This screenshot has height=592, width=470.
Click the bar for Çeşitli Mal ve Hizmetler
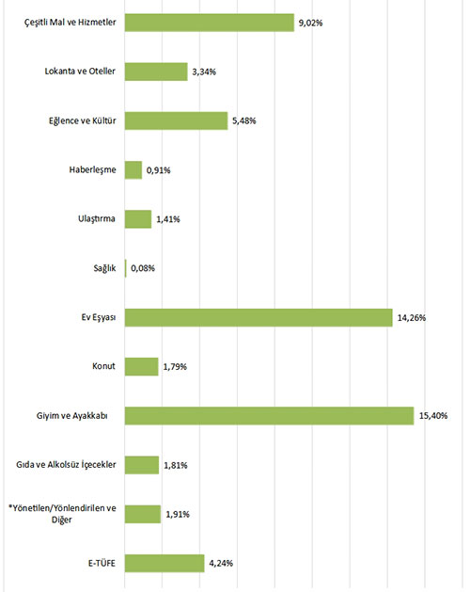[x=210, y=23]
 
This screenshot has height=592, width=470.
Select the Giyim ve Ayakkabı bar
[x=270, y=416]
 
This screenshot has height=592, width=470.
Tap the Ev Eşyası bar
[x=258, y=317]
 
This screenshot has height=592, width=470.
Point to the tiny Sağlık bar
[x=126, y=268]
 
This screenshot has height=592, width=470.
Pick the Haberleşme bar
[x=133, y=170]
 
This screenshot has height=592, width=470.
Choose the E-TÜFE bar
[x=164, y=564]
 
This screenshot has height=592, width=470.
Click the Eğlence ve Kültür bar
[x=176, y=120]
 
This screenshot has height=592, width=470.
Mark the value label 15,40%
[x=433, y=416]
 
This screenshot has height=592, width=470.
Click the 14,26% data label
[x=412, y=318]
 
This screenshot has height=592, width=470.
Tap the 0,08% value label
[x=143, y=268]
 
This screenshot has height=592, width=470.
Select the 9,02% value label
[x=311, y=23]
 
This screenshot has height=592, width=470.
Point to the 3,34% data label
[x=204, y=72]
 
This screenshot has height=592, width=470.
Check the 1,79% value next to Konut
[x=175, y=367]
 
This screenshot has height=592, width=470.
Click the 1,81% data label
[x=176, y=465]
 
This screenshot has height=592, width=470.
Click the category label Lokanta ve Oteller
[x=80, y=71]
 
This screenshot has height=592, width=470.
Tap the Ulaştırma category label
[x=97, y=218]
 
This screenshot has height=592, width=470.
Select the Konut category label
[x=103, y=366]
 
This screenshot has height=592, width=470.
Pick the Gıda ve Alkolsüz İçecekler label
[x=66, y=465]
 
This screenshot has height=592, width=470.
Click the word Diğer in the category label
[x=61, y=520]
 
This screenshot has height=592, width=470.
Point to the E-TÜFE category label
[x=102, y=563]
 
